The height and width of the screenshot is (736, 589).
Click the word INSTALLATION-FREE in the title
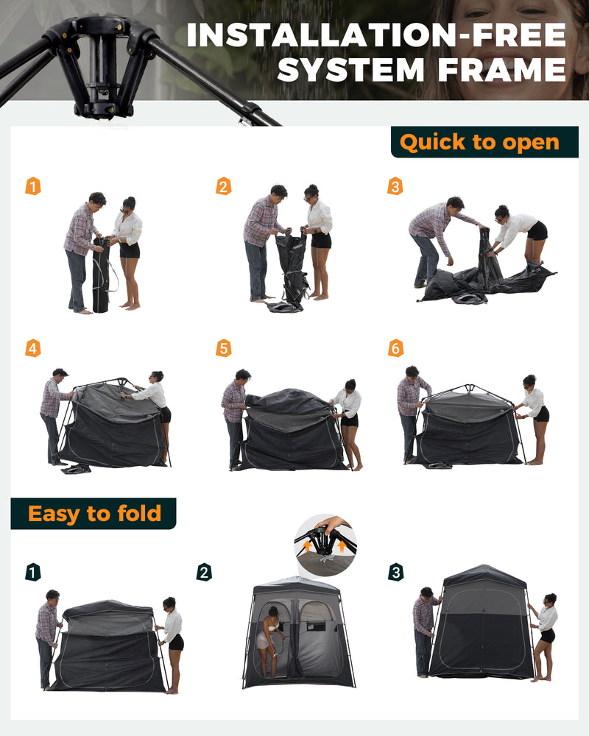(x=376, y=35)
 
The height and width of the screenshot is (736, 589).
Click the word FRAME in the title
(x=496, y=70)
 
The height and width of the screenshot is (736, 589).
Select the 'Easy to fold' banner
(x=94, y=513)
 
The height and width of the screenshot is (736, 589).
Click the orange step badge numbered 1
(x=33, y=186)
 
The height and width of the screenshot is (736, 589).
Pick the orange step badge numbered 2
(x=223, y=186)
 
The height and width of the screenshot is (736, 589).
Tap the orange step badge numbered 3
(x=395, y=186)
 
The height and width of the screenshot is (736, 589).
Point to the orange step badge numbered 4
(x=33, y=348)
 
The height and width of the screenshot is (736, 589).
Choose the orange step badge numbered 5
(x=223, y=348)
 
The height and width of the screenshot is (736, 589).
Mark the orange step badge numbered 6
(x=395, y=348)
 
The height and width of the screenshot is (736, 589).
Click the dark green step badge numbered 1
(x=33, y=572)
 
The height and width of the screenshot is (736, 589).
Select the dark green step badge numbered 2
(x=204, y=572)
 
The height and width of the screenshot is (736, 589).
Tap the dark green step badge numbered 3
(x=395, y=572)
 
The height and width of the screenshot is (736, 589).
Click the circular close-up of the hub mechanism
(x=325, y=545)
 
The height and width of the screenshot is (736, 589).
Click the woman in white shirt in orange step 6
(x=534, y=416)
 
